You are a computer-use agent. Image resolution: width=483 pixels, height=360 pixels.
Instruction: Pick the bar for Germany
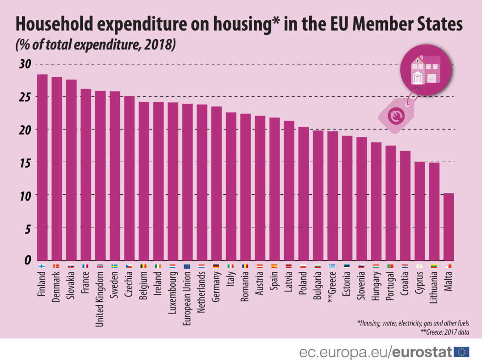tap(216, 183)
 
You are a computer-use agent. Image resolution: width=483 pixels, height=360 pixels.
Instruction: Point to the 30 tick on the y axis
tap(25, 64)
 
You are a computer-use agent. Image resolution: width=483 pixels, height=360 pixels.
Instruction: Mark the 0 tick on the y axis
tap(28, 260)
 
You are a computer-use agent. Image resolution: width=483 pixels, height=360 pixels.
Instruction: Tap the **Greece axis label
tap(333, 290)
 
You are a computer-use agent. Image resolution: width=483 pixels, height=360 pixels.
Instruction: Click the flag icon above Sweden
tap(114, 266)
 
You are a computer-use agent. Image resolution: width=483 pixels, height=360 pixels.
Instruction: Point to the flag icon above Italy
tap(231, 266)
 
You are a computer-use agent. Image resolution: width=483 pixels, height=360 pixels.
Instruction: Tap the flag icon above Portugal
tap(391, 266)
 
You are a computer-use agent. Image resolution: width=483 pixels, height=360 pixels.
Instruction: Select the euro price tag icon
tap(395, 116)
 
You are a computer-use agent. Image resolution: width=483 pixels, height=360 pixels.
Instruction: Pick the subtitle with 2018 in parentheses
tap(96, 45)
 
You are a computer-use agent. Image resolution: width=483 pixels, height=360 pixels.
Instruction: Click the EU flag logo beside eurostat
tap(461, 352)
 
